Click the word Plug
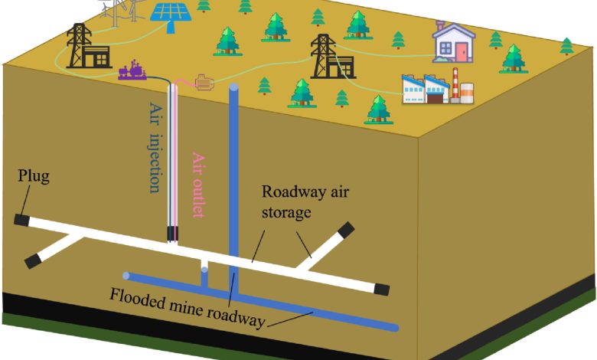coord(34,178)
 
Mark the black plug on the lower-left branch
coord(32,261)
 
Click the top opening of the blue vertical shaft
coord(233,87)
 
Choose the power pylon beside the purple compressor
coord(82,46)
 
